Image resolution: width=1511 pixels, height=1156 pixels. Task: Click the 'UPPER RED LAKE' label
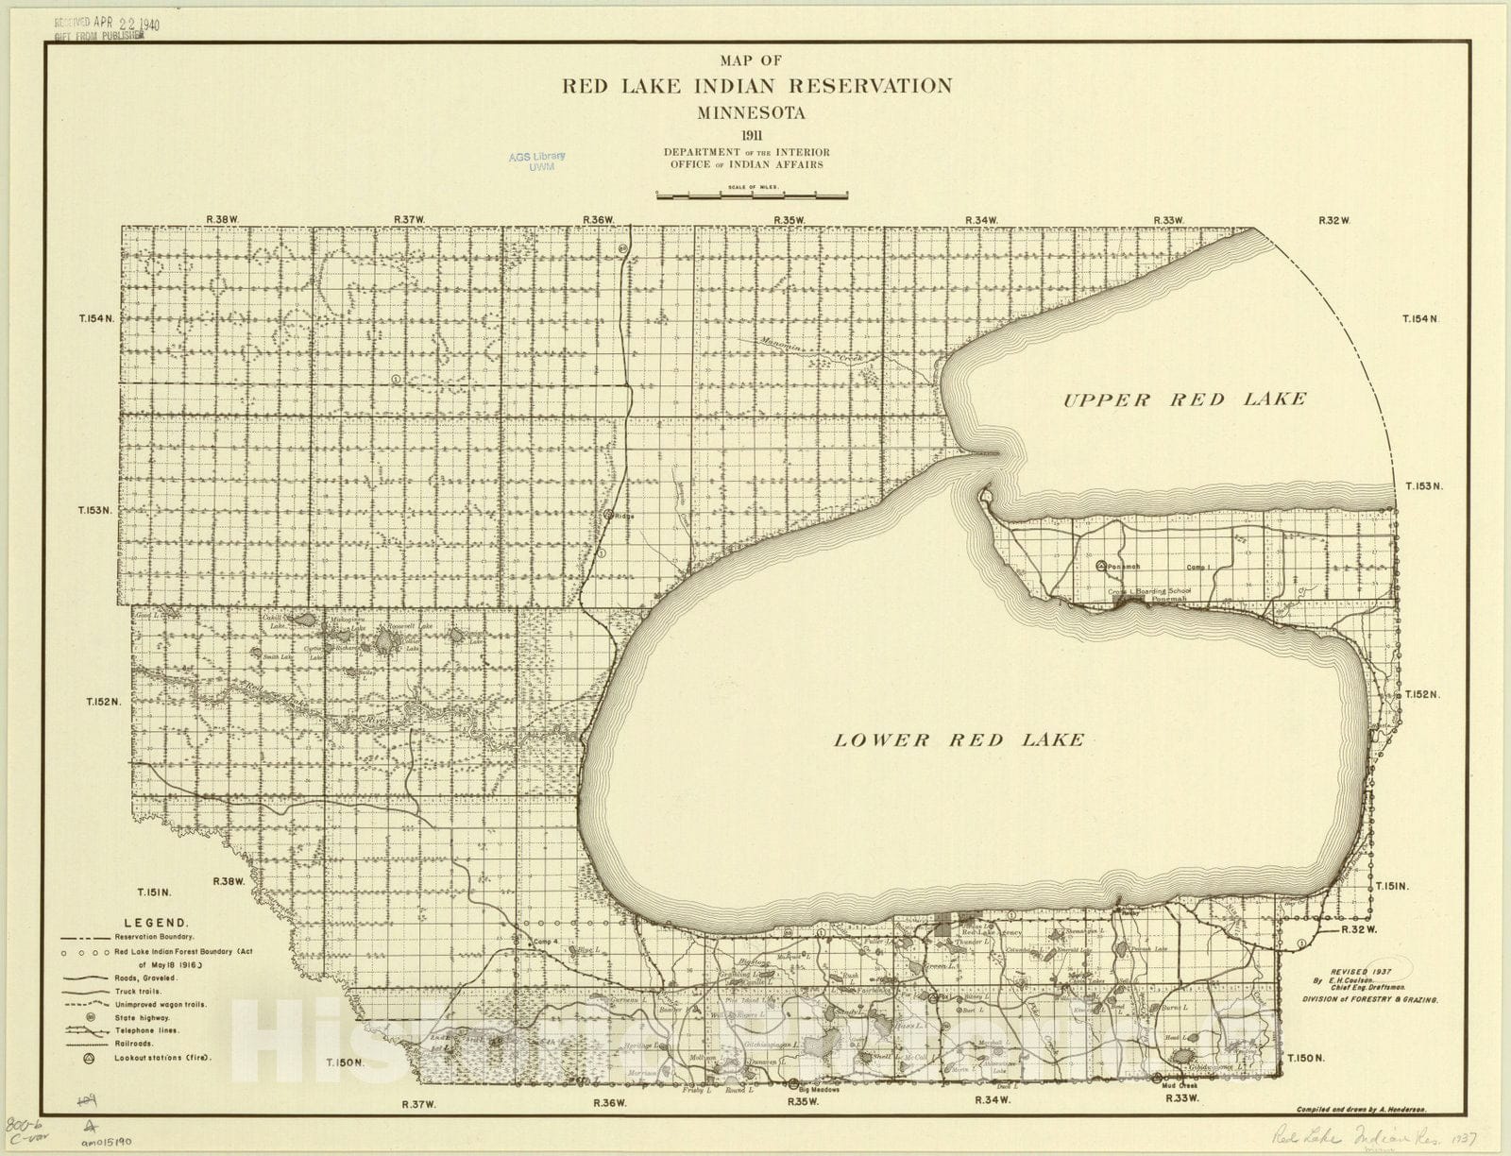(1184, 399)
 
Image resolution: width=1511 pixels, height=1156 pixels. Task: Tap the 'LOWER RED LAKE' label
(958, 739)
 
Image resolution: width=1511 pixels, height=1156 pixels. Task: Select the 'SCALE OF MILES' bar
(752, 195)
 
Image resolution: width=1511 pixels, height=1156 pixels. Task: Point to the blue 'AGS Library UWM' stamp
(536, 161)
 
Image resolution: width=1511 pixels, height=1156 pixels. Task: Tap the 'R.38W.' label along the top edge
(223, 219)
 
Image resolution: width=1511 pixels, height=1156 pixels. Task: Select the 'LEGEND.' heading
(156, 923)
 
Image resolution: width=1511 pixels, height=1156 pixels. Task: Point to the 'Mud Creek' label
(1180, 1085)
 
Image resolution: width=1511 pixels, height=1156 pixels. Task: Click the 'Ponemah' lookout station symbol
(1101, 566)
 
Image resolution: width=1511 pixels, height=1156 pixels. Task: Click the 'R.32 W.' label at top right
(1334, 220)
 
